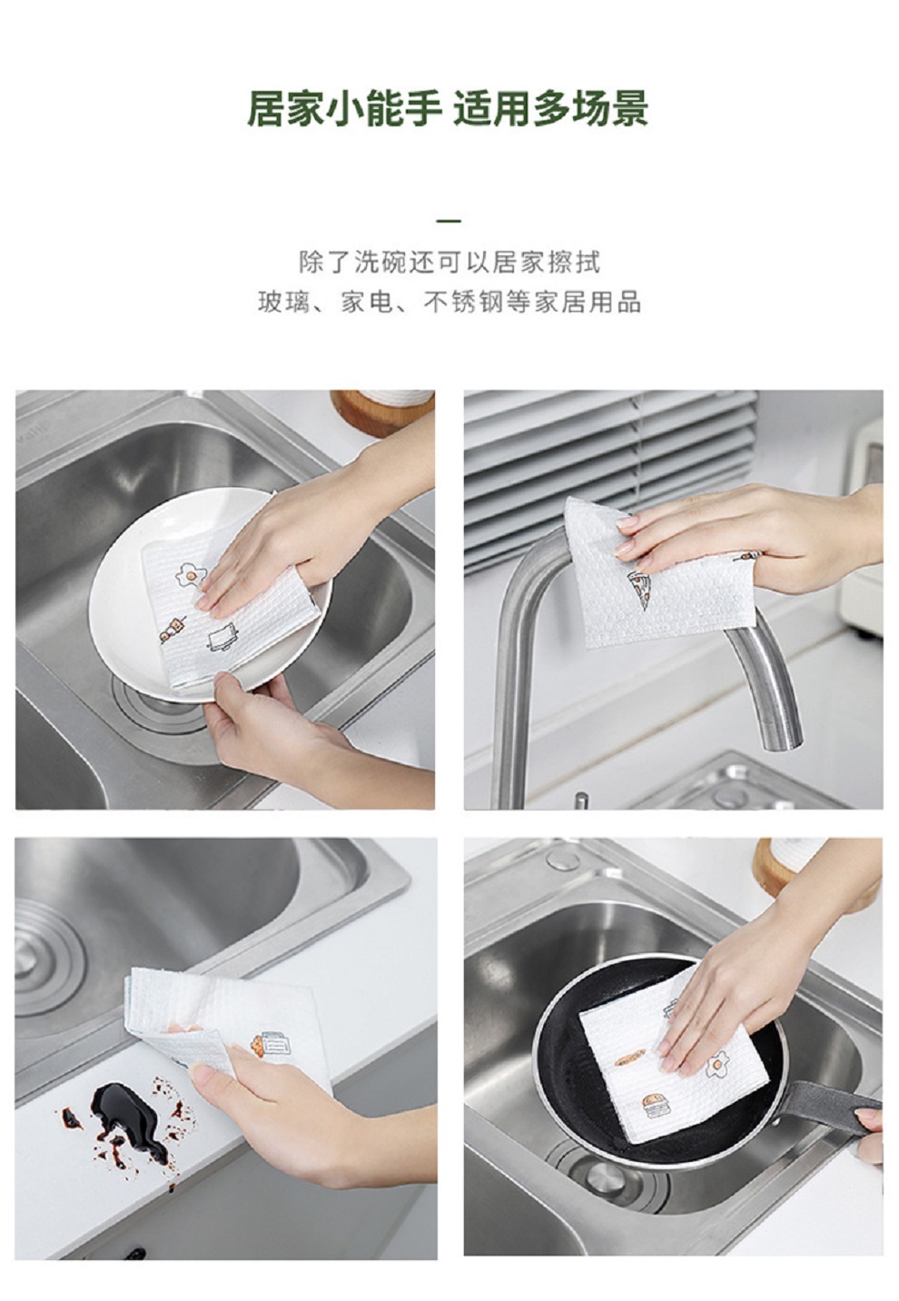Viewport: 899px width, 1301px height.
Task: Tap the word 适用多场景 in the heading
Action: pos(550,109)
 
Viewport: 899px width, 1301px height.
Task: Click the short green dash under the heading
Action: pos(449,222)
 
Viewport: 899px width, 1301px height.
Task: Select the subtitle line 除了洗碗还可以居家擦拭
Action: pos(449,263)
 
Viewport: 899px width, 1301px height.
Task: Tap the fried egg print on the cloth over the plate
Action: pos(191,574)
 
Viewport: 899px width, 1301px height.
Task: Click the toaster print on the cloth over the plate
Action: pos(222,637)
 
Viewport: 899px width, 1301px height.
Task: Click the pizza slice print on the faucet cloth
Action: pos(639,588)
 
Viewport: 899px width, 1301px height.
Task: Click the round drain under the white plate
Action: pos(157,708)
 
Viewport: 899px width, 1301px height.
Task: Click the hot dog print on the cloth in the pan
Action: pos(630,1058)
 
